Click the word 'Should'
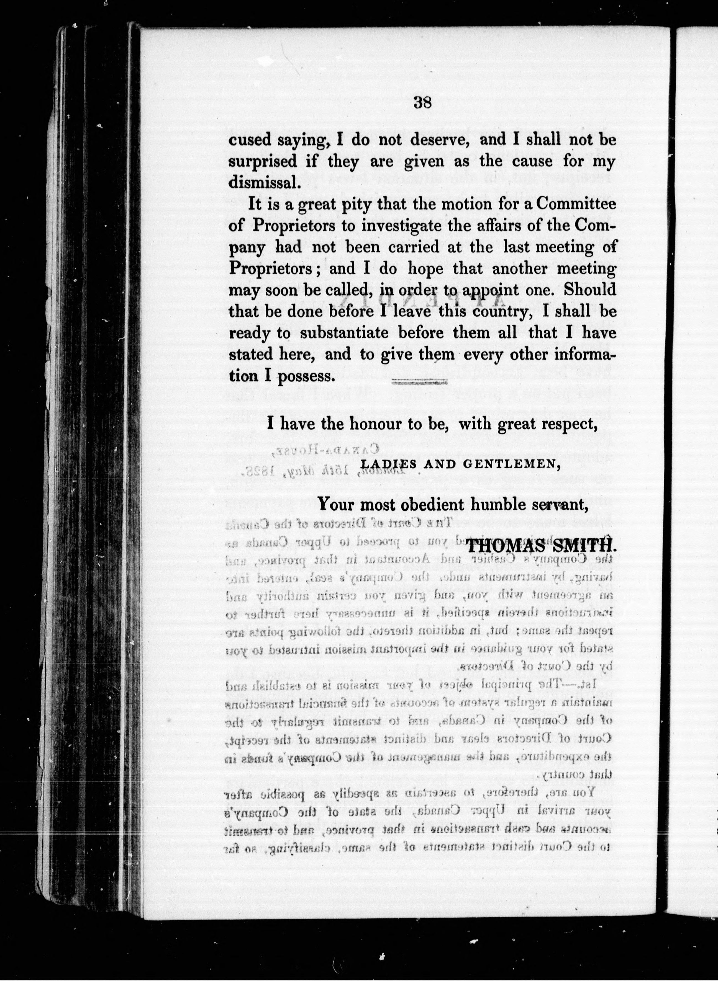(x=589, y=290)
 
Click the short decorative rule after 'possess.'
(x=419, y=382)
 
